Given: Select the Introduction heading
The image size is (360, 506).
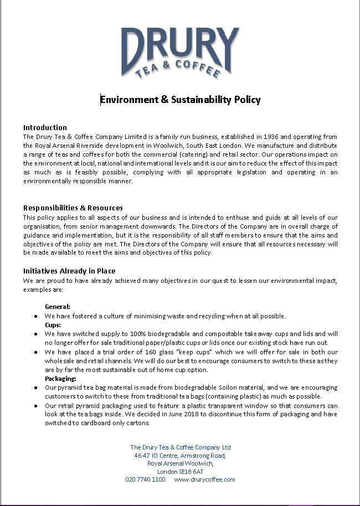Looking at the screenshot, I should (x=45, y=127).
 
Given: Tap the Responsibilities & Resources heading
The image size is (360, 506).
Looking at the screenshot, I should (x=73, y=208).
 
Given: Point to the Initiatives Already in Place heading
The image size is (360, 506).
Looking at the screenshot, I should (x=69, y=271).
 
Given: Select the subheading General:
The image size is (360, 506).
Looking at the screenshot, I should (x=57, y=307).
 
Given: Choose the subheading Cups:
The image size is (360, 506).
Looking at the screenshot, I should (x=53, y=325).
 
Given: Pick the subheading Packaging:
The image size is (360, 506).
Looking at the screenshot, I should (x=60, y=379).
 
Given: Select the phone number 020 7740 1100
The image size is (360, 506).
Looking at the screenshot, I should (x=145, y=479).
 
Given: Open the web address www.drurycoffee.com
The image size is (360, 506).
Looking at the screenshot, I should (x=204, y=479).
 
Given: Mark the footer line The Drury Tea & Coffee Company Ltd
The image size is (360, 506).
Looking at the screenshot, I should (x=180, y=447).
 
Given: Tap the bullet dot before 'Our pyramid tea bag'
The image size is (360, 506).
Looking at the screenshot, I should (x=36, y=388).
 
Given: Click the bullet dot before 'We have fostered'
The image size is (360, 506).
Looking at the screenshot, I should (x=36, y=316).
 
